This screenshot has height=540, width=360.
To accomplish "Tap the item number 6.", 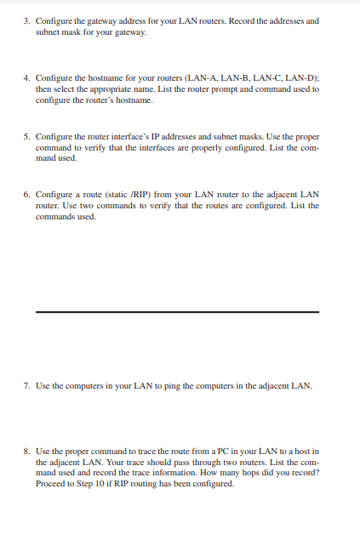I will coord(26,194).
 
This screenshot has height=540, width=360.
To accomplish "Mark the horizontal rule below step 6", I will coord(177,312).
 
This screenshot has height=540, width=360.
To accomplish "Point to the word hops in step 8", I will coord(252,473).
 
